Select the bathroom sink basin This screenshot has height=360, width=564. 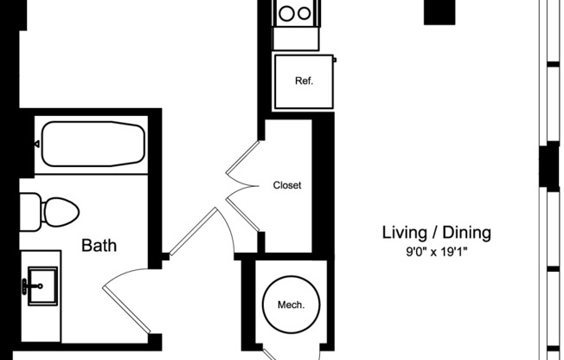tap(38, 282)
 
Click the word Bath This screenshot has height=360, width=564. tap(99, 246)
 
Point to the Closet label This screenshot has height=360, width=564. tap(287, 185)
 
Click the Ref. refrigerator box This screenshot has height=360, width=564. tap(303, 81)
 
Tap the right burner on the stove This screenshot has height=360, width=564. tap(304, 14)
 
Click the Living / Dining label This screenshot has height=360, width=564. tap(437, 232)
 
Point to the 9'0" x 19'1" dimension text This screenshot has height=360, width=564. tap(437, 254)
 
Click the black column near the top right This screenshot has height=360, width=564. tap(439, 11)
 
